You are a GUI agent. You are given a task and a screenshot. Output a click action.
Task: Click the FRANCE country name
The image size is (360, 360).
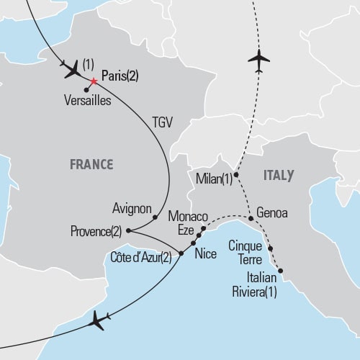(x=91, y=164)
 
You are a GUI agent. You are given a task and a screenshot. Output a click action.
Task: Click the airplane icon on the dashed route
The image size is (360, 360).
(x=258, y=60)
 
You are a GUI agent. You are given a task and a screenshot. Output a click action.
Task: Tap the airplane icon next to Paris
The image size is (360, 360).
(x=73, y=71)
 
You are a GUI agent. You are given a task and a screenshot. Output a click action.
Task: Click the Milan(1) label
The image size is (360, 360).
(x=214, y=178)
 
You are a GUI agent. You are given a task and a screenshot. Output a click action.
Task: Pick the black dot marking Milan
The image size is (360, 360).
(x=236, y=174)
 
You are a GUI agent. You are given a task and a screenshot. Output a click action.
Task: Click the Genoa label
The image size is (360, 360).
(x=272, y=215)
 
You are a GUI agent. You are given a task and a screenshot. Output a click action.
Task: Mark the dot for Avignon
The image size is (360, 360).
(x=154, y=216)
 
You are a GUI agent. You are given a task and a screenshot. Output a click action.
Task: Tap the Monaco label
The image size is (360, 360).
(x=187, y=216)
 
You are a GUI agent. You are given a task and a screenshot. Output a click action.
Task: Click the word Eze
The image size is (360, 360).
(x=186, y=229)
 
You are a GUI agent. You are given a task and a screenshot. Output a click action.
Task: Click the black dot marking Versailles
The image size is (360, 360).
(x=86, y=90)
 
